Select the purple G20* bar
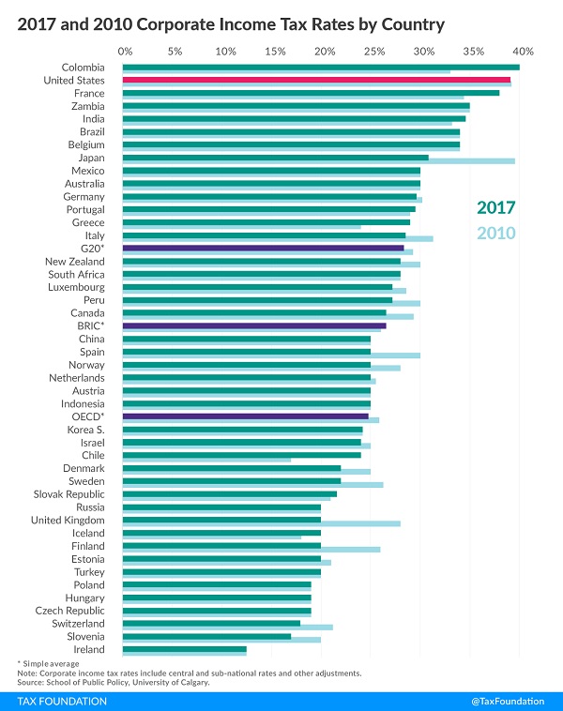click(x=263, y=249)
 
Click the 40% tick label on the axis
click(x=523, y=50)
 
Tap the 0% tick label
click(x=126, y=50)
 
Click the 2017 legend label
click(x=495, y=208)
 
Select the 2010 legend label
click(x=495, y=234)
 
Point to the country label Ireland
click(x=88, y=649)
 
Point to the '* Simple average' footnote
click(x=50, y=663)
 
